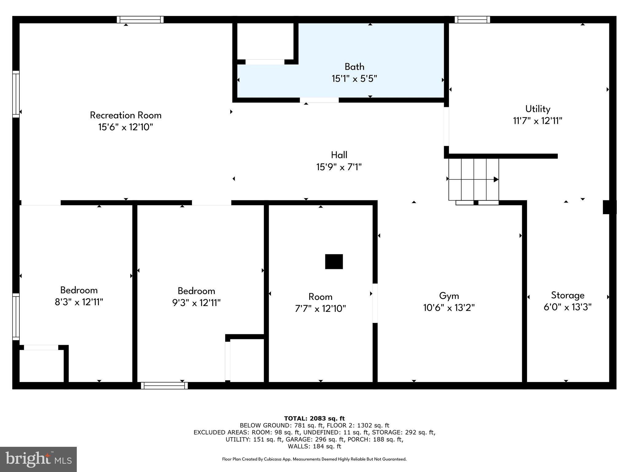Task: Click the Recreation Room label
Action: coord(126,115)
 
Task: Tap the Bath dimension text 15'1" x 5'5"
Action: coord(354,79)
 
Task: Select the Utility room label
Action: coord(537,109)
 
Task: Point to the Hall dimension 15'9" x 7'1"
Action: coord(339,167)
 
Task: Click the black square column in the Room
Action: coord(334,262)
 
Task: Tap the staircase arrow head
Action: coord(496,179)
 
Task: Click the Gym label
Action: coord(449,296)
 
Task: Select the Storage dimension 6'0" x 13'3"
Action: coord(567,307)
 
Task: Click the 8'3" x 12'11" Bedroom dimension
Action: coord(79,302)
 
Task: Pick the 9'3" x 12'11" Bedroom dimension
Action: coord(196,303)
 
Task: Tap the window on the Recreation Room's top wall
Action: coord(140,20)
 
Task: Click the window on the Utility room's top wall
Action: coord(472,20)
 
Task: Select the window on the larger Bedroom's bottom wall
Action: coord(164,386)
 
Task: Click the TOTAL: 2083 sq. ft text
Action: coord(314,419)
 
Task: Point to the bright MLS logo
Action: coord(38,459)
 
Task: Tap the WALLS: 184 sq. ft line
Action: coord(314,446)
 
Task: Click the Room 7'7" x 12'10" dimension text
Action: coord(320,309)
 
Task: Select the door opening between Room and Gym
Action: coord(375,303)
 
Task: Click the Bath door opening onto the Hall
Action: coord(319,100)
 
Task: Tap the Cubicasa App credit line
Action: coord(314,459)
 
